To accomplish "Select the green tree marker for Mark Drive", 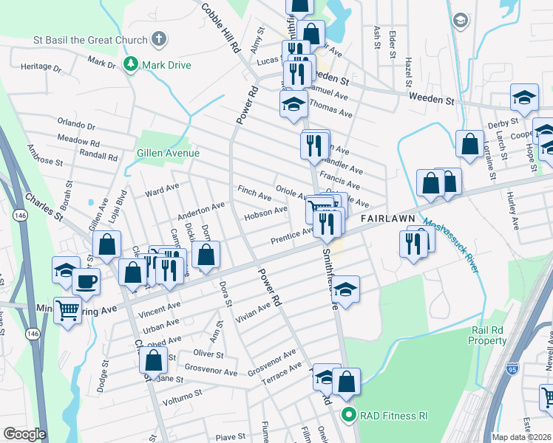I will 131,65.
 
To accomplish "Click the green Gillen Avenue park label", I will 168,153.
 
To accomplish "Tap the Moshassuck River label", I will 451,244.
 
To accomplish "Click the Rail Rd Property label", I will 488,336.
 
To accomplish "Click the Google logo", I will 24,434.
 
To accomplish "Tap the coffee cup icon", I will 86,281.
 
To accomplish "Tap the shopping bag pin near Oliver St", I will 153,361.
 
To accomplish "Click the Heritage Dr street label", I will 41,66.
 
